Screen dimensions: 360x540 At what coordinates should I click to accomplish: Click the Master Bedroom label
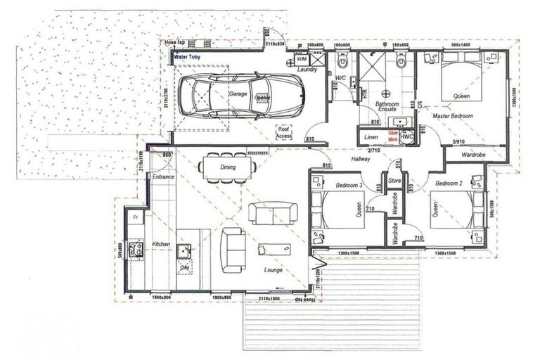tap(452, 115)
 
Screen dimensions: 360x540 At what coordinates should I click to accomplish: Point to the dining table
tap(222, 167)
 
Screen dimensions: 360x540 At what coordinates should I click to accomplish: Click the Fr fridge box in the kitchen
tap(136, 218)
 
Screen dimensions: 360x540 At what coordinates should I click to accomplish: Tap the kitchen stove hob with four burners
tap(134, 248)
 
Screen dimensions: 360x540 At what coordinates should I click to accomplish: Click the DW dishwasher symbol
tap(184, 268)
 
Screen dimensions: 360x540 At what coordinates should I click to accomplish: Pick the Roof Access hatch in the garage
tap(284, 132)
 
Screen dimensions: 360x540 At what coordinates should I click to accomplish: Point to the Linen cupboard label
tap(371, 137)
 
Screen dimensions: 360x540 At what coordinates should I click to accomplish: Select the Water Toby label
tap(188, 56)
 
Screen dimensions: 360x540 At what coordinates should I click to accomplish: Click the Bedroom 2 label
tap(449, 183)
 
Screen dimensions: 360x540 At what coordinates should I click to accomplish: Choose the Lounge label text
tap(273, 270)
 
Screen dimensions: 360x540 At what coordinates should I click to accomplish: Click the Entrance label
tap(163, 177)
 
